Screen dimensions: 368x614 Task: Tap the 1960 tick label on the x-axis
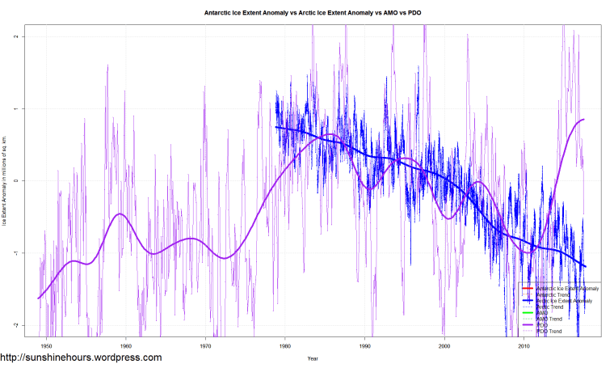(126, 345)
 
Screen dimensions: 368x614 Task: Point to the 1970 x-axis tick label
(205, 345)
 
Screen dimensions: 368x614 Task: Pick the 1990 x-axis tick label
(365, 345)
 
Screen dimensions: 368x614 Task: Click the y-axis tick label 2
(27, 37)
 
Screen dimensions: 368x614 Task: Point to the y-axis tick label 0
(27, 181)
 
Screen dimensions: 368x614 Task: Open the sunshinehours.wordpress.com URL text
(81, 357)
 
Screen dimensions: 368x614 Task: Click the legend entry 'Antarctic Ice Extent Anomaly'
(565, 289)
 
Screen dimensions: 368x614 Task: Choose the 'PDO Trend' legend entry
(551, 332)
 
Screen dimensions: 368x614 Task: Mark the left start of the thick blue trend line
(275, 126)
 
